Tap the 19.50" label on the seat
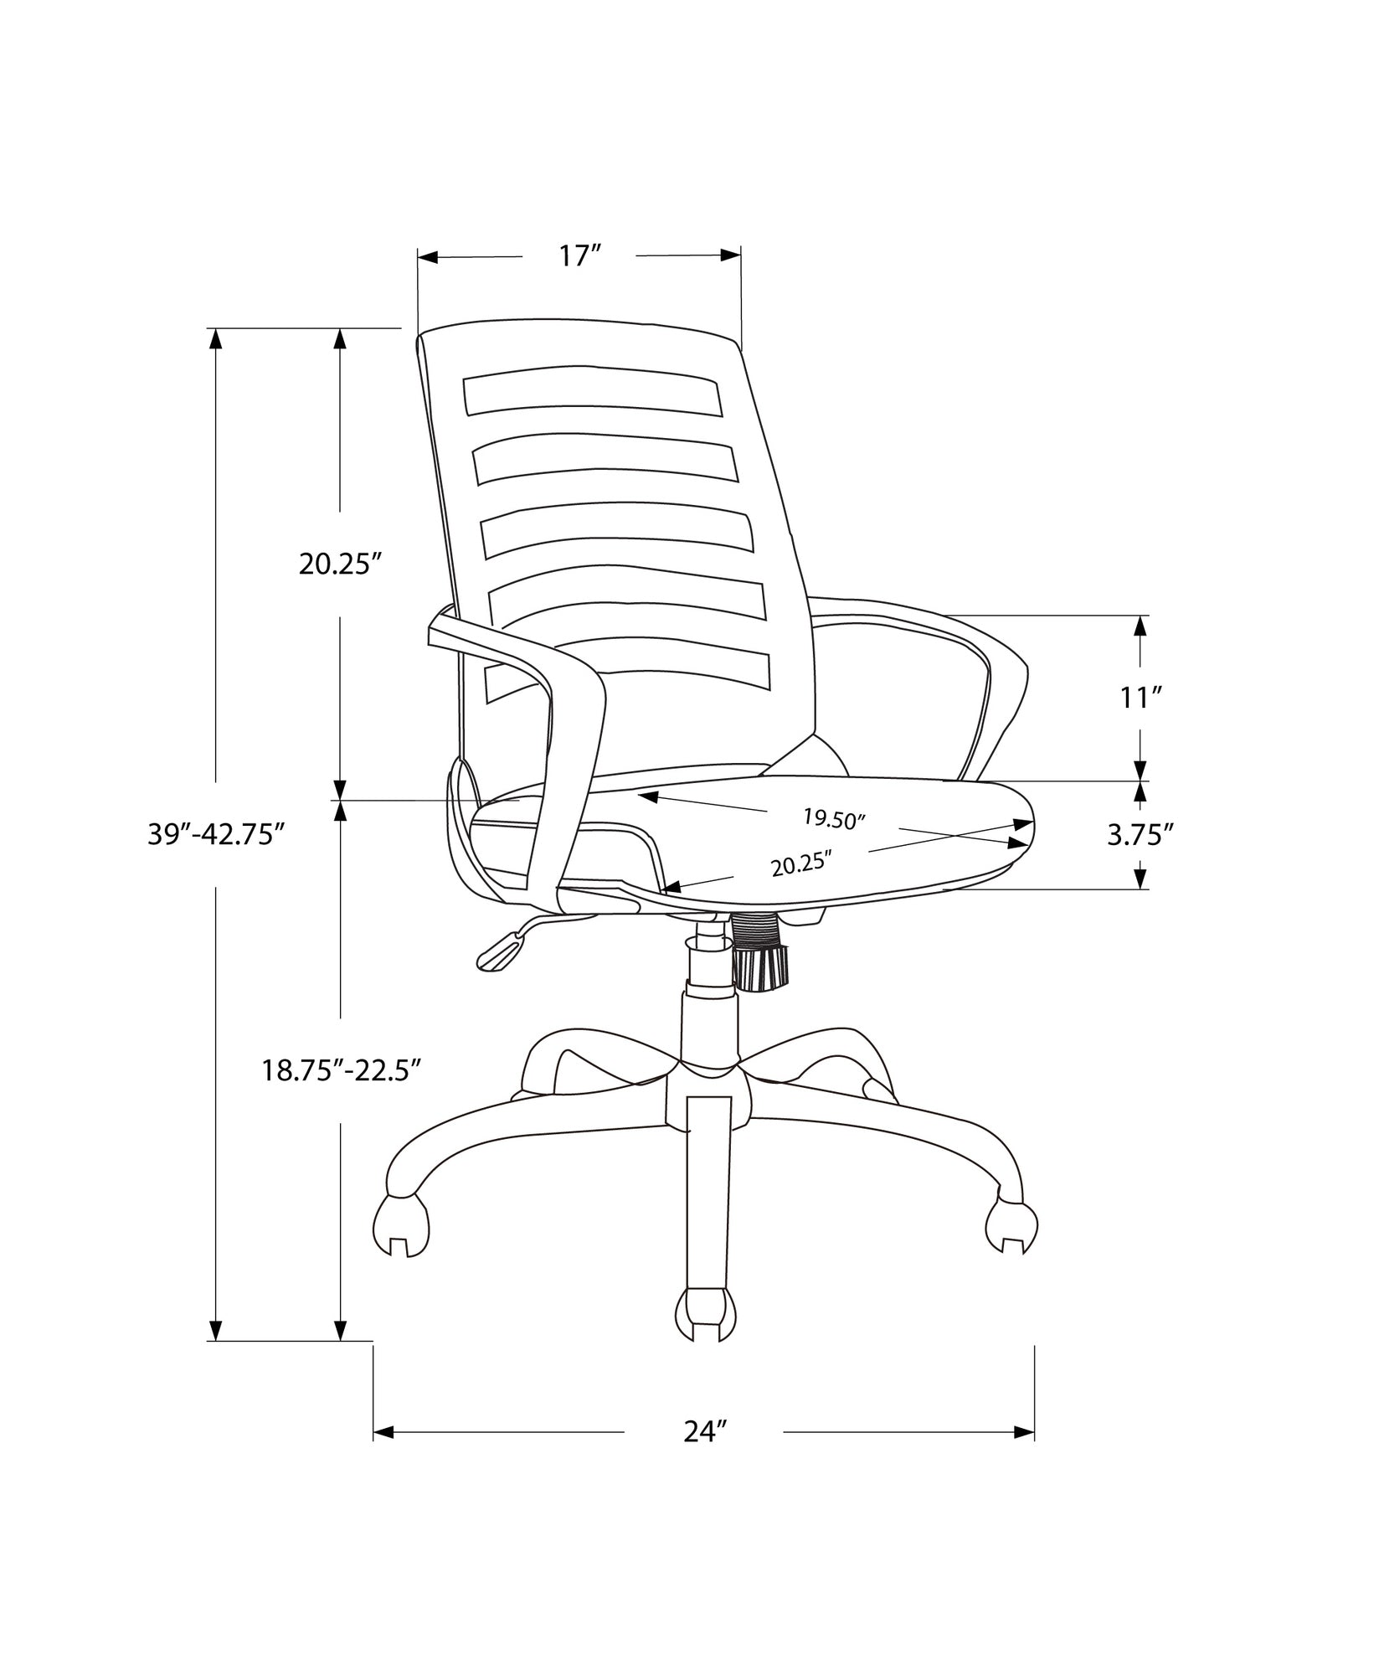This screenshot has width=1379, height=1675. coord(833,818)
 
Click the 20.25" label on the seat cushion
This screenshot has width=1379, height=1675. coord(801,865)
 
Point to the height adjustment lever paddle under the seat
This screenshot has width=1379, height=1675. coord(501,953)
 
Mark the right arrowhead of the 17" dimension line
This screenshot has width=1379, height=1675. coord(731,256)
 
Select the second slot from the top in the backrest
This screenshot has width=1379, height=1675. coord(605,461)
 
